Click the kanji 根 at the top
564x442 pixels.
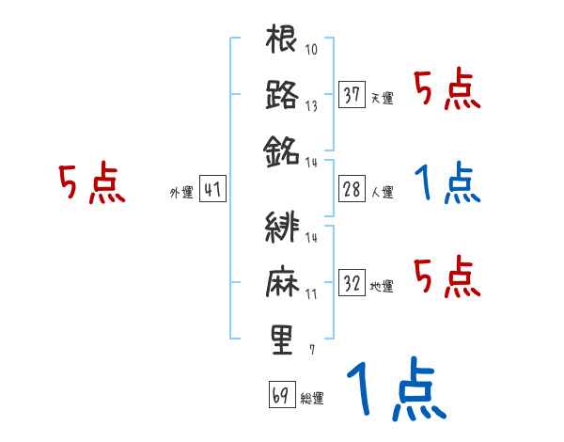click(x=282, y=41)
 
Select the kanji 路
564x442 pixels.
click(x=282, y=95)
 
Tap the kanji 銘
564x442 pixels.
click(x=282, y=149)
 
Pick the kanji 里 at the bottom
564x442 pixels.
click(x=282, y=338)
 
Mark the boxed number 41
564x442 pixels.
click(x=212, y=190)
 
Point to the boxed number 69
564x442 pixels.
click(x=280, y=395)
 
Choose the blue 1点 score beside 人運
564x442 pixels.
click(x=447, y=184)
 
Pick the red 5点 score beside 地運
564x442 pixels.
click(x=447, y=278)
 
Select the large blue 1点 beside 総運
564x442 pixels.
click(x=395, y=387)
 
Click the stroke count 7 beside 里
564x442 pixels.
click(x=311, y=350)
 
